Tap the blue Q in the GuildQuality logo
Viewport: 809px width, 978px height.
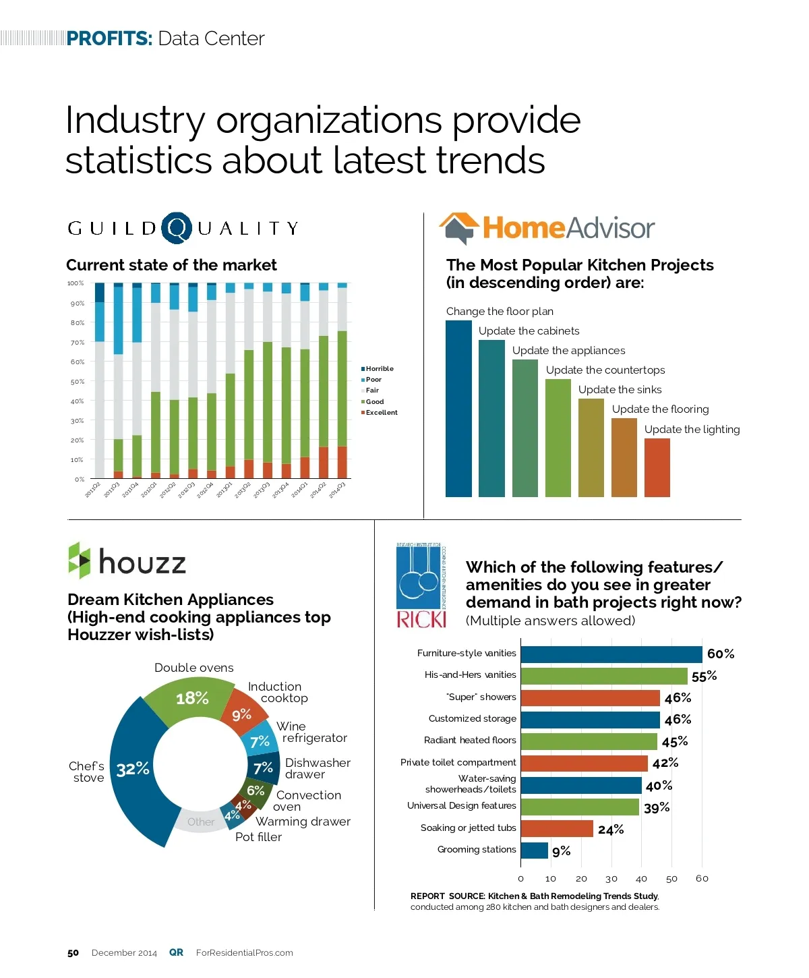177,228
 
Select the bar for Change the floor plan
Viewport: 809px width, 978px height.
458,408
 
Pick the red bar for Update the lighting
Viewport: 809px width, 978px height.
657,467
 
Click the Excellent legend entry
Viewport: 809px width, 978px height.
380,413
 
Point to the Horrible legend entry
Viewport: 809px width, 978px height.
378,369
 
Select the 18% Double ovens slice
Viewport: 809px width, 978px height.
192,699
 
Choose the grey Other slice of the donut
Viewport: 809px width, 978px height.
200,822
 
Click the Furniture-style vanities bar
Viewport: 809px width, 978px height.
611,654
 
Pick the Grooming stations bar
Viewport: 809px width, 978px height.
535,851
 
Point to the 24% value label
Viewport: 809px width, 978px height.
611,830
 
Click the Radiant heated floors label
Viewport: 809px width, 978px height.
470,741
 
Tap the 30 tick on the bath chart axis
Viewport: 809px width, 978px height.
611,879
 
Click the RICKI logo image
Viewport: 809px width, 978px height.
421,585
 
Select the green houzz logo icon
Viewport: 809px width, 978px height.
80,560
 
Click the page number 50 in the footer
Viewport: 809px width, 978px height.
73,953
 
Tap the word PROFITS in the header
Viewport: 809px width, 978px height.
109,38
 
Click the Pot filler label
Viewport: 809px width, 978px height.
258,837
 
